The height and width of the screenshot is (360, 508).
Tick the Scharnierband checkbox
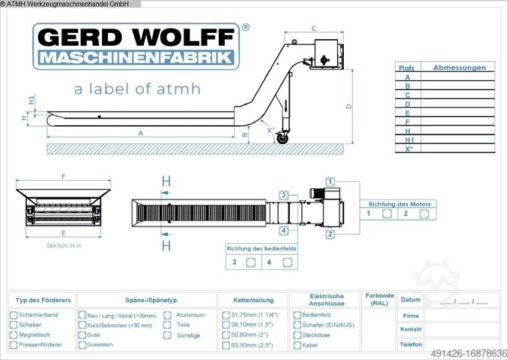coord(13,316)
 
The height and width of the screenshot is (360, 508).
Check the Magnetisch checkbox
coord(13,335)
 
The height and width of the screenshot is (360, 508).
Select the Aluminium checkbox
coord(167,316)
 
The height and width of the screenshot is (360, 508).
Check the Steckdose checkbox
coord(297,335)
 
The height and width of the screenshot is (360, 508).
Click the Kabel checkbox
coord(297,345)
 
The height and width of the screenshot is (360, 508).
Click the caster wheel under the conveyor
coord(282,139)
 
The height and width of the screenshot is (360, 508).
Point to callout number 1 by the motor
coord(330,181)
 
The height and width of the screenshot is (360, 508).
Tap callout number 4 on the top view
coord(284,230)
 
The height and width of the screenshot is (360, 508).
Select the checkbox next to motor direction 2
coord(423,214)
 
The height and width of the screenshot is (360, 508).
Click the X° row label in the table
coord(408,148)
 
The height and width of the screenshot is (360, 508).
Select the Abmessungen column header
coord(459,67)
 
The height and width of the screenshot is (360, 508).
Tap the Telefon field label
coord(410,345)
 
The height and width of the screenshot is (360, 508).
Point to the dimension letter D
coord(348,106)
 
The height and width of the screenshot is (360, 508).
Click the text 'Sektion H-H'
coord(63,246)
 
